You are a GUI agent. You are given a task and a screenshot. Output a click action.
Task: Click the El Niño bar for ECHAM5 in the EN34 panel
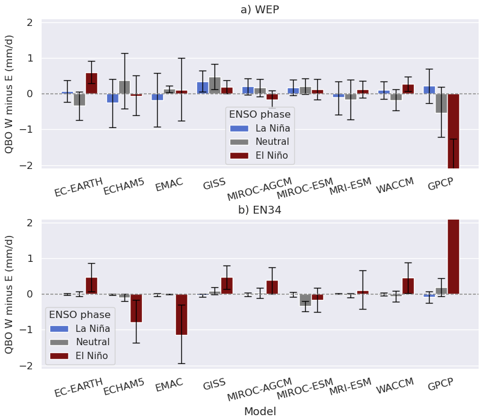(x=136, y=308)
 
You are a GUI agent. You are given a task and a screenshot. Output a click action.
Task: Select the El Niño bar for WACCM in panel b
(x=408, y=286)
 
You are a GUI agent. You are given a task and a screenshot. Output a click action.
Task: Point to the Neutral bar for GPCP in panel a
(x=441, y=103)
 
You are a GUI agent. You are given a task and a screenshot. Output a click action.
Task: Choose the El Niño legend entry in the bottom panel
(x=91, y=356)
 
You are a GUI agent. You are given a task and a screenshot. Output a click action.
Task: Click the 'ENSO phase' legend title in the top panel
(x=259, y=113)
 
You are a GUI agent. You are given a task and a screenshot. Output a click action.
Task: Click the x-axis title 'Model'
(x=260, y=411)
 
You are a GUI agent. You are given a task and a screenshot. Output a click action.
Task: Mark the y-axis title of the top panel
(x=10, y=94)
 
